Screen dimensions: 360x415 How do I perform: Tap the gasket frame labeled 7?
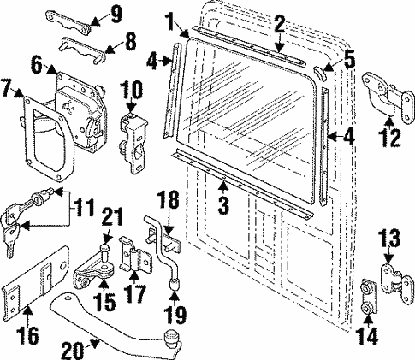click(x=36, y=137)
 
